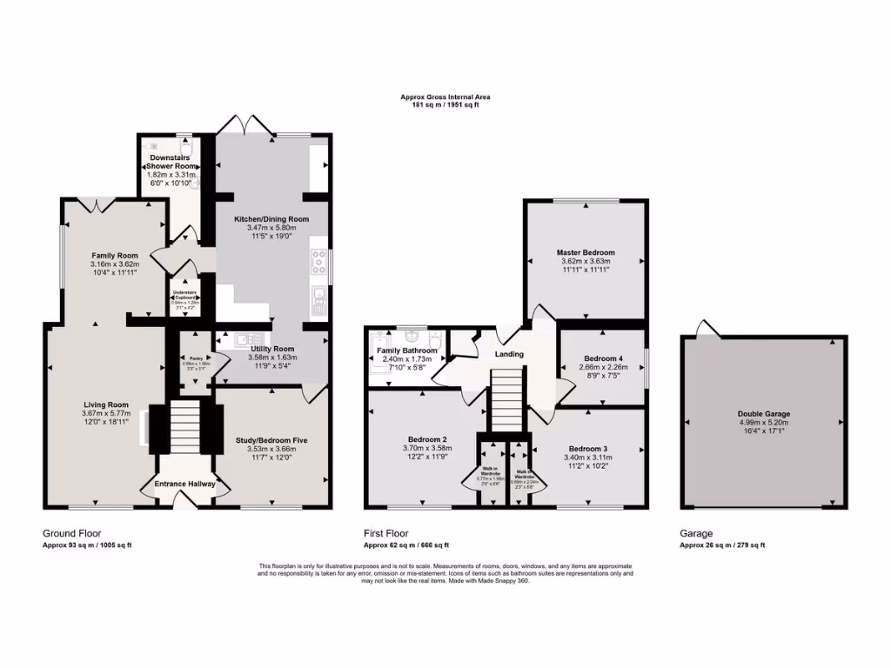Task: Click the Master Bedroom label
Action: click(x=585, y=252)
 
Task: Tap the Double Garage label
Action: click(x=764, y=414)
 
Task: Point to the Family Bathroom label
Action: click(x=406, y=350)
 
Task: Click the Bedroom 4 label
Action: click(x=603, y=358)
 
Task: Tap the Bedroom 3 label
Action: click(x=586, y=448)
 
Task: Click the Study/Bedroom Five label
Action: click(x=271, y=440)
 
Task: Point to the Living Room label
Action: click(x=106, y=404)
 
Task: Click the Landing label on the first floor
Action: click(x=509, y=354)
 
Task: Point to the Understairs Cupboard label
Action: click(x=184, y=293)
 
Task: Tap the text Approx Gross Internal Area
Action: click(x=445, y=97)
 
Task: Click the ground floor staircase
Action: click(x=184, y=426)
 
